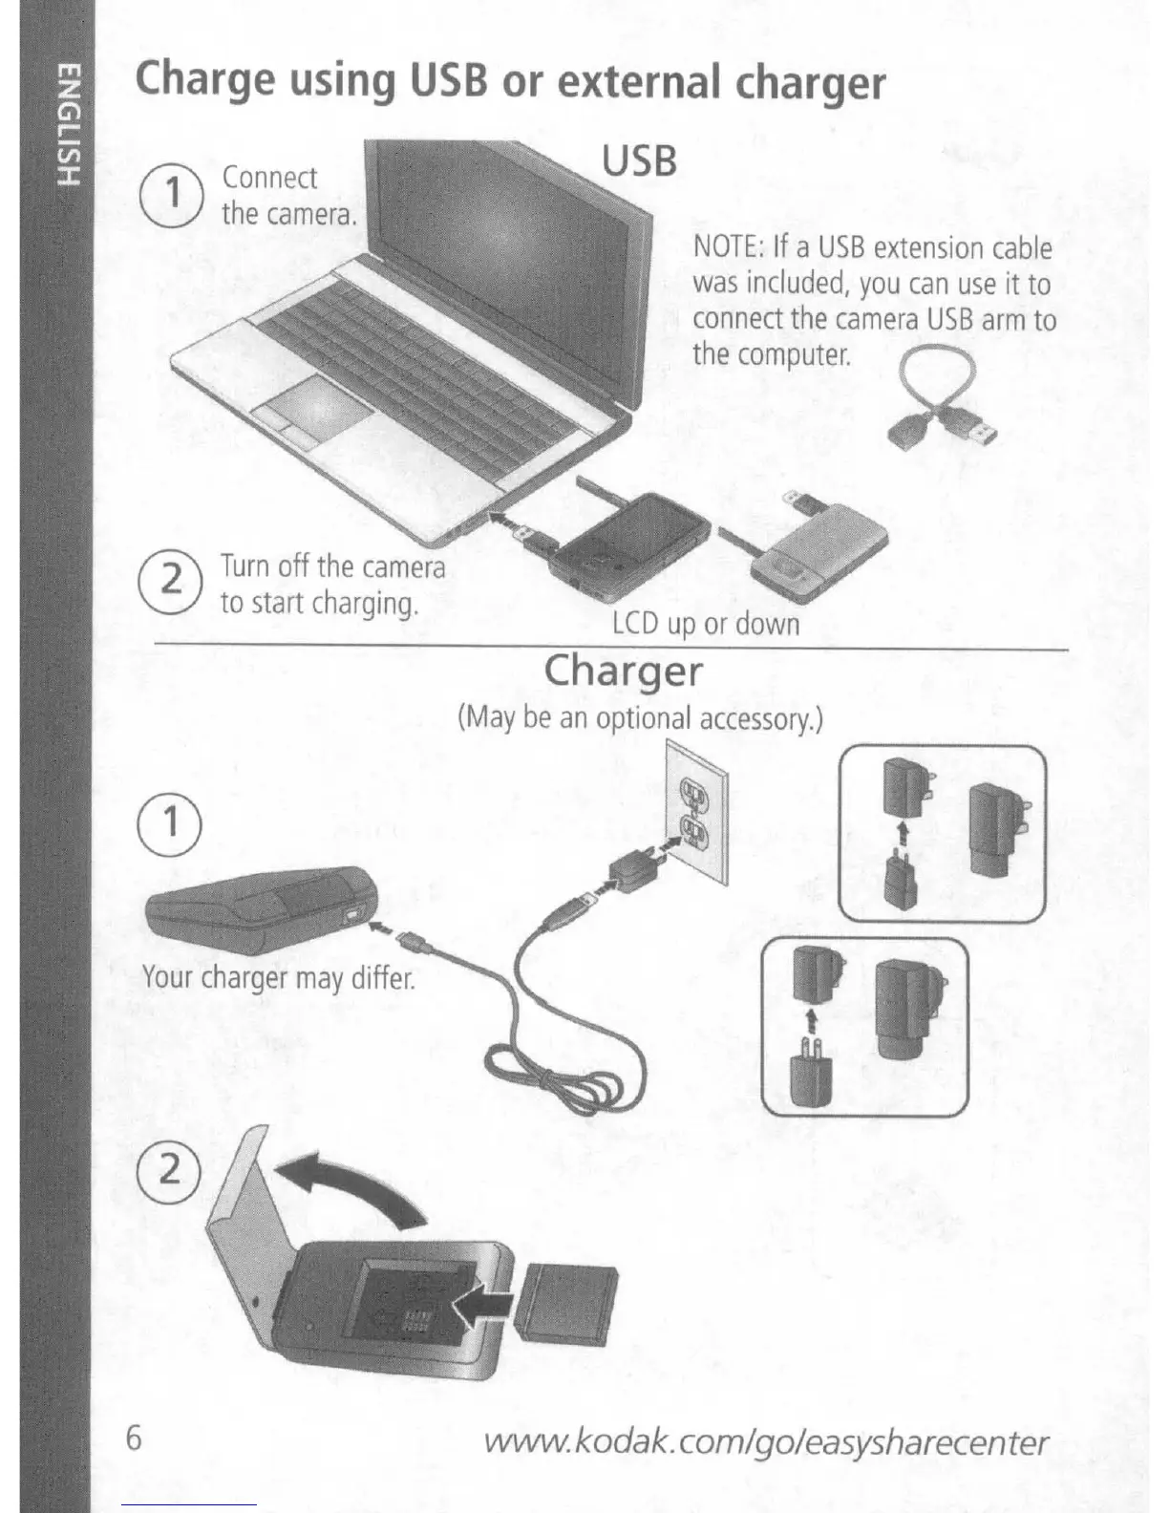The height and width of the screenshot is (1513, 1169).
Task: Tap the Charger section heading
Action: click(x=623, y=671)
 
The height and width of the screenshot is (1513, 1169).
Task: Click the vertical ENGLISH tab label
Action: click(x=67, y=123)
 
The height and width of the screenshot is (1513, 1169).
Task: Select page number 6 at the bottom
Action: click(x=135, y=1437)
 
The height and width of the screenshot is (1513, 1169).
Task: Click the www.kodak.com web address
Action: click(x=766, y=1441)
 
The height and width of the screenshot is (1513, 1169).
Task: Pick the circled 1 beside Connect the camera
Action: click(x=174, y=194)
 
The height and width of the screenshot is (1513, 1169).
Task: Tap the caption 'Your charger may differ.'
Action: click(x=278, y=977)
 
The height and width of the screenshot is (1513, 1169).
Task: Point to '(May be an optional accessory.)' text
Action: click(x=640, y=716)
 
